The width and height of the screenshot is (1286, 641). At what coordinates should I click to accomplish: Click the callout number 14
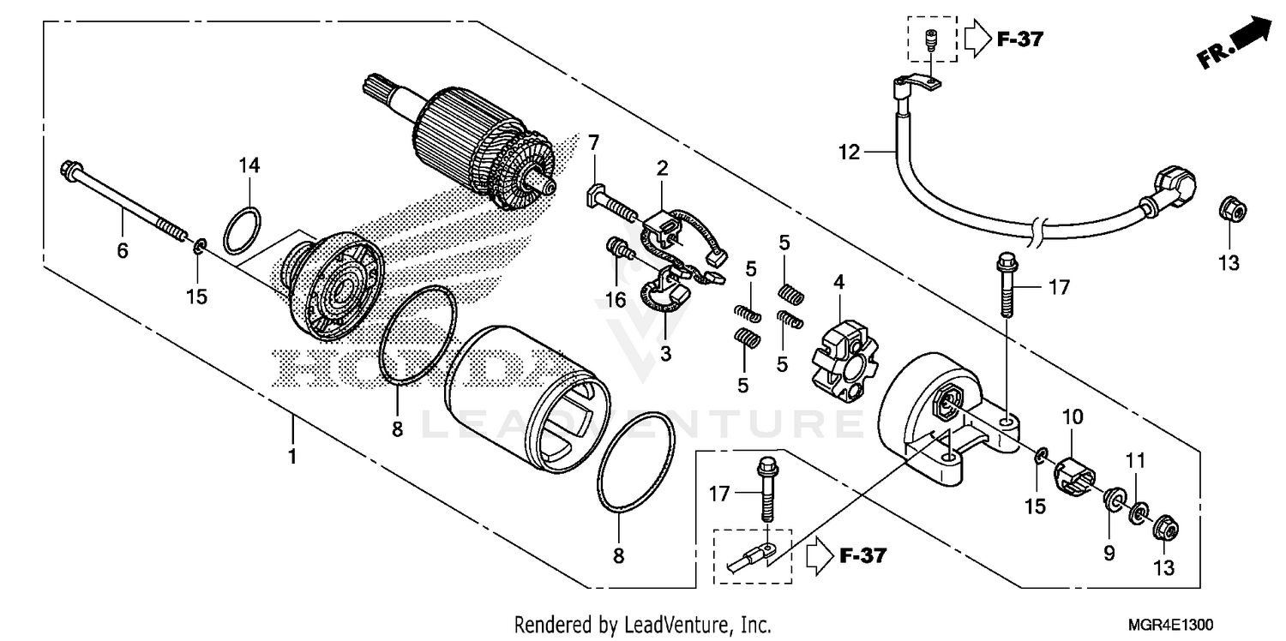249,166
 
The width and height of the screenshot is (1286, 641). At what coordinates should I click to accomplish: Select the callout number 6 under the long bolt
123,250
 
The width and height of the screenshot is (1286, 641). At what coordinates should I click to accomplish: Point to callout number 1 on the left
291,456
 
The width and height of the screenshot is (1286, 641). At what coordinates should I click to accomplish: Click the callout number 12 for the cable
848,153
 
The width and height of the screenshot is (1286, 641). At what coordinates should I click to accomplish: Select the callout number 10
1073,417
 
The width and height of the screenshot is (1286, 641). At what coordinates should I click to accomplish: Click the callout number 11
1135,462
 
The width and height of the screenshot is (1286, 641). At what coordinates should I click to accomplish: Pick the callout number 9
1109,554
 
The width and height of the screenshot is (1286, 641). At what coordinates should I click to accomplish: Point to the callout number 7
593,141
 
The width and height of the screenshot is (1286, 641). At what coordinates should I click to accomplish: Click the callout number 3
664,353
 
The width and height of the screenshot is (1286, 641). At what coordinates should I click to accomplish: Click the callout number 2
662,168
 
